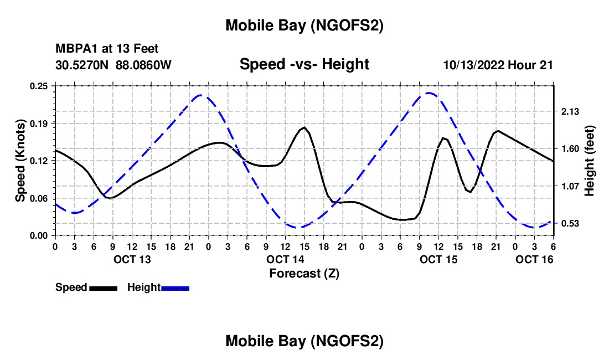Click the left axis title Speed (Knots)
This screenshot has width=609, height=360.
(x=20, y=161)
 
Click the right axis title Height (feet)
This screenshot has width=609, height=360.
(x=589, y=161)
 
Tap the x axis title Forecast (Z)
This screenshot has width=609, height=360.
(x=304, y=273)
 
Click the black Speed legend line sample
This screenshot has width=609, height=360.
(x=103, y=287)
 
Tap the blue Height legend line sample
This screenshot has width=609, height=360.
(x=175, y=287)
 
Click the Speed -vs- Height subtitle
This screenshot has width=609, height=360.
(x=304, y=65)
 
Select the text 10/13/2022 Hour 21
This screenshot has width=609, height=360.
(x=498, y=65)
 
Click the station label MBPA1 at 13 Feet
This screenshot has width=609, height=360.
(x=107, y=49)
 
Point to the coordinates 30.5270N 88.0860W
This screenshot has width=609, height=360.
(x=113, y=65)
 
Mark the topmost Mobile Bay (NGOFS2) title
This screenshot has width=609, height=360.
(x=304, y=25)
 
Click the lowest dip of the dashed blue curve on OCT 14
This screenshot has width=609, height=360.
(x=298, y=227)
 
